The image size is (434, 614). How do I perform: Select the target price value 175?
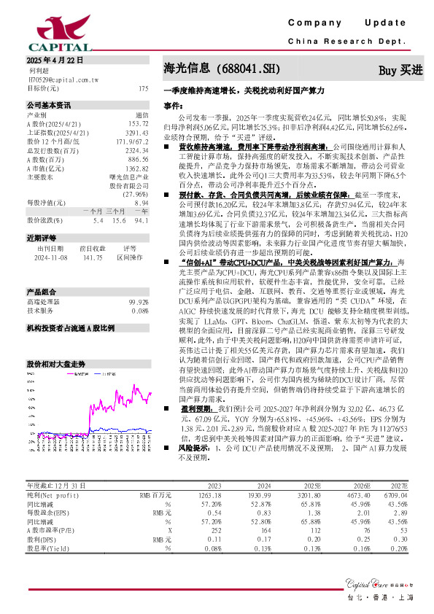(143, 88)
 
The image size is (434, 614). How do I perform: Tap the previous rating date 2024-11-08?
(51, 257)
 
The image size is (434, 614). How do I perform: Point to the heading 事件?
(173, 106)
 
